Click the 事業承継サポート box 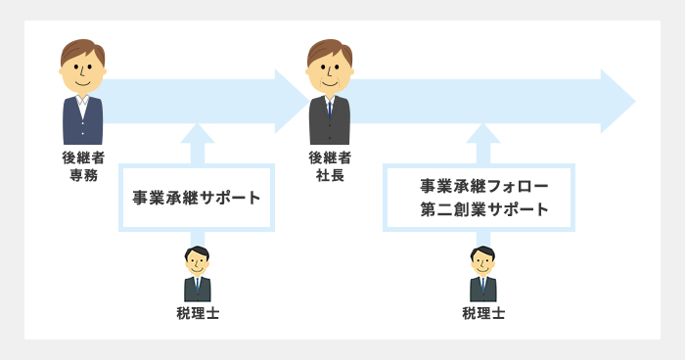[197, 198]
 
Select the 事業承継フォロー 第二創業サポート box [479, 198]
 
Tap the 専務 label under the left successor [82, 175]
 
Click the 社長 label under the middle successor [329, 175]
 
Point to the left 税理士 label [197, 313]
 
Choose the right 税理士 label [482, 313]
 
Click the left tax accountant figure [197, 275]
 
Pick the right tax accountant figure [482, 275]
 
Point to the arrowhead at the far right [618, 101]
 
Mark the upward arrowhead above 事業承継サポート [197, 132]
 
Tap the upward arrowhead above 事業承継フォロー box [482, 132]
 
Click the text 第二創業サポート [479, 209]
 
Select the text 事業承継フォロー [479, 185]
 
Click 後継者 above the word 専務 [82, 157]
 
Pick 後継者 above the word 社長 [329, 157]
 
